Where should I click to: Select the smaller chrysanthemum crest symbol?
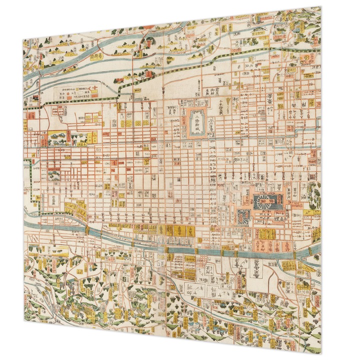click(243, 216)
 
